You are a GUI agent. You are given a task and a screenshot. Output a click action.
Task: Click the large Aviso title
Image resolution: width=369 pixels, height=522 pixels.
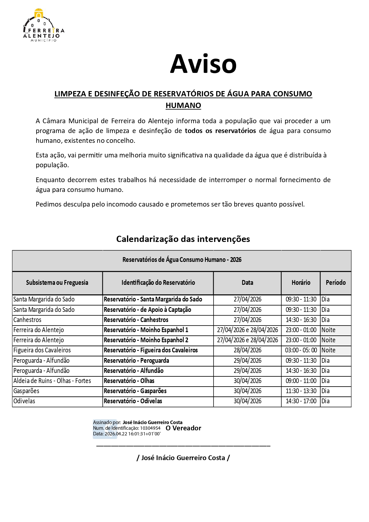click(203, 64)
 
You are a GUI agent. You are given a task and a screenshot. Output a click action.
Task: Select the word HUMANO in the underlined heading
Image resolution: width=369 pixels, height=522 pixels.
click(183, 105)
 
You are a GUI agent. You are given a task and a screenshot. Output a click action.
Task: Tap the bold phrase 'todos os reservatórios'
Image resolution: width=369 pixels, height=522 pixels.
click(220, 131)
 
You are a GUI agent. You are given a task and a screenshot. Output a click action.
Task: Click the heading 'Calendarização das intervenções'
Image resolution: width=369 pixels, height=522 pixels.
click(183, 239)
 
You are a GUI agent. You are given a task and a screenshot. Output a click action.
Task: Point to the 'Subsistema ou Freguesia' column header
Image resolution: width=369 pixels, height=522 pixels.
click(57, 283)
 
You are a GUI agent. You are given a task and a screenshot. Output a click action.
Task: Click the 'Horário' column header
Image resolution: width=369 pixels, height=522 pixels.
click(301, 283)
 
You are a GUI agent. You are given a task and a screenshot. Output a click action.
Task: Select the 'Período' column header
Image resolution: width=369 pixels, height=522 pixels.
click(335, 283)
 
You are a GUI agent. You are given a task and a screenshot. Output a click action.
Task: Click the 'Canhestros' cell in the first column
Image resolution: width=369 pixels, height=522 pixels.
click(27, 320)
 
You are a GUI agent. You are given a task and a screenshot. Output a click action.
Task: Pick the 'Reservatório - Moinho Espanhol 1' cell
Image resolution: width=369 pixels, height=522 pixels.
click(146, 330)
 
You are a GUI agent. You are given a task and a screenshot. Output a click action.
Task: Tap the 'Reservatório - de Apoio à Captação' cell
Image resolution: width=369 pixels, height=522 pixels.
click(147, 310)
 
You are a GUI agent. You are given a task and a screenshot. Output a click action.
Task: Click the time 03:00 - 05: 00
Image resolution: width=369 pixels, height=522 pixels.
click(301, 350)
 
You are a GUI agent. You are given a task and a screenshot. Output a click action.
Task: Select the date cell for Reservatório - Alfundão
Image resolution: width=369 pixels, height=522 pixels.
click(247, 371)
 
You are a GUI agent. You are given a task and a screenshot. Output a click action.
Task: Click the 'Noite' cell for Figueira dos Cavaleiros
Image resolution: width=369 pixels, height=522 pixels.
click(328, 350)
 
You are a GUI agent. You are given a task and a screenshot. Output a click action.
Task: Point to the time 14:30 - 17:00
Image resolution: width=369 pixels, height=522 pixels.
click(301, 401)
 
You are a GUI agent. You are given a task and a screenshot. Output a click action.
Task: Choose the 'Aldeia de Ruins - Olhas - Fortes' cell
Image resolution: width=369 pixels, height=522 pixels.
click(52, 381)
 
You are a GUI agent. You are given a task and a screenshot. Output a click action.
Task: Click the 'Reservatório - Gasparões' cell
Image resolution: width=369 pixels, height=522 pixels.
click(135, 391)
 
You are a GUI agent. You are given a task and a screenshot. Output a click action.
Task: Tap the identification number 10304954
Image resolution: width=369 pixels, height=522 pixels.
click(150, 428)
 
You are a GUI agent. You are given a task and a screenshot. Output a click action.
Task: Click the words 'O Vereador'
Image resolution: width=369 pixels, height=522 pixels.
click(183, 428)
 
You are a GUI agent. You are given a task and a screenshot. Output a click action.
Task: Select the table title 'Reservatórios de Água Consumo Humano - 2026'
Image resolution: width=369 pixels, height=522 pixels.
click(182, 260)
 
